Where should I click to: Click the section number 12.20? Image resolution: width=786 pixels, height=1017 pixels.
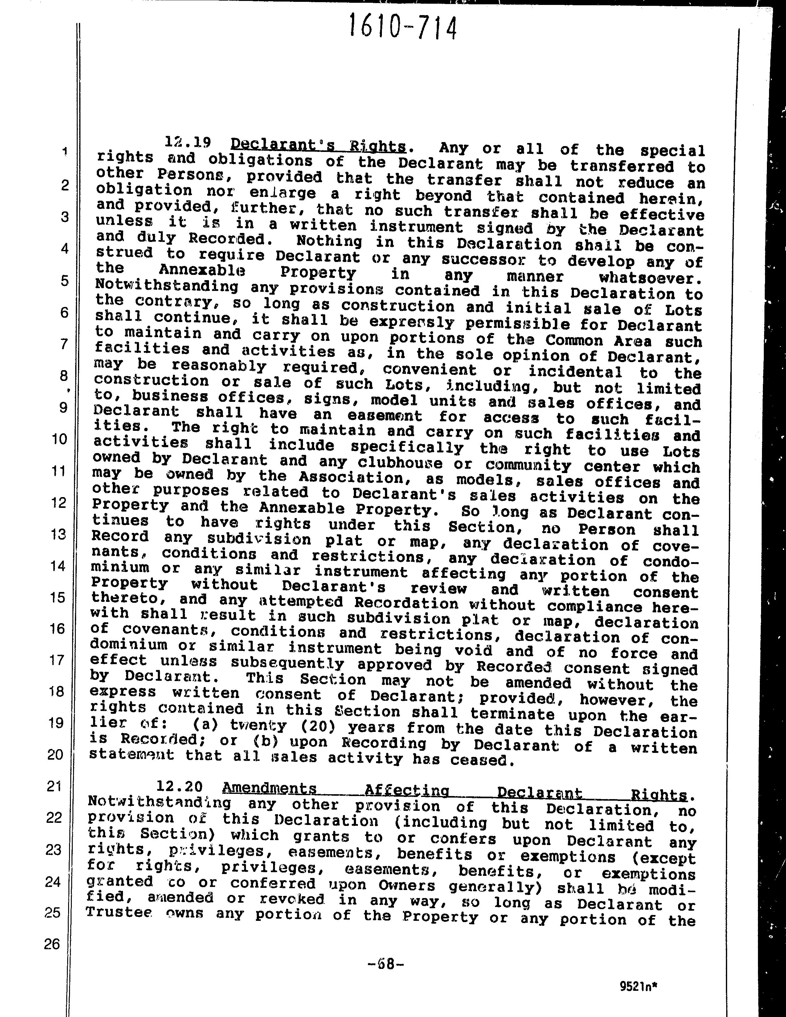click(179, 786)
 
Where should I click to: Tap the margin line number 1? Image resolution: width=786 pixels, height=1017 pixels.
click(65, 151)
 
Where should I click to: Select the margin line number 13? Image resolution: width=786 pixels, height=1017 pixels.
click(58, 534)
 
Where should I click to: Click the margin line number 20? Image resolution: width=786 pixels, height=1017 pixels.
click(56, 754)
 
